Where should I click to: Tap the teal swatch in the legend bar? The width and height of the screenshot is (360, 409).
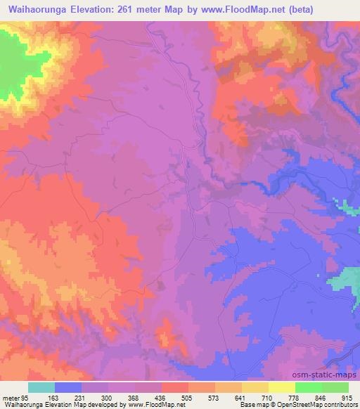point(41,387)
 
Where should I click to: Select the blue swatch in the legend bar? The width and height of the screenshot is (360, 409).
point(68,387)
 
